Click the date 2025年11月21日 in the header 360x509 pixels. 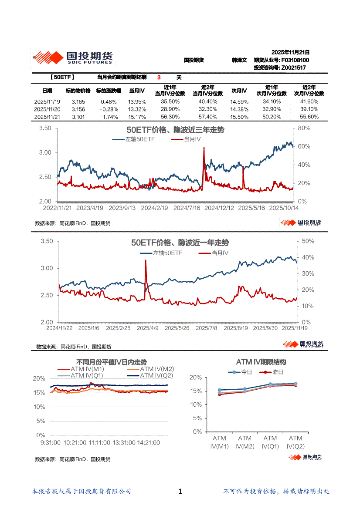click(290, 52)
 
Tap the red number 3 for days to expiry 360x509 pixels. click(159, 78)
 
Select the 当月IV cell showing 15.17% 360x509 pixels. click(137, 117)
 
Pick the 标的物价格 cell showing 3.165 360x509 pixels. click(78, 101)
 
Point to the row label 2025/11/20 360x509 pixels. click(47, 109)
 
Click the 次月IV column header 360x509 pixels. click(239, 91)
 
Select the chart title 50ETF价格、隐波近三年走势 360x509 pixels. click(175, 130)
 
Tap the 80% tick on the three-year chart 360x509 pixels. click(304, 128)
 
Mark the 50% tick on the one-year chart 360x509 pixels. click(308, 241)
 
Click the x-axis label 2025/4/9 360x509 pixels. click(148, 328)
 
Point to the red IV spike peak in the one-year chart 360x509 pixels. click(146, 260)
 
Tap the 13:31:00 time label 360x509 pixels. click(123, 442)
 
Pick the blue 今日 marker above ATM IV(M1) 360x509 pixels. click(220, 390)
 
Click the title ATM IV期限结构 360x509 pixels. click(261, 362)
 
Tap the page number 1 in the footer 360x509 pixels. click(180, 492)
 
